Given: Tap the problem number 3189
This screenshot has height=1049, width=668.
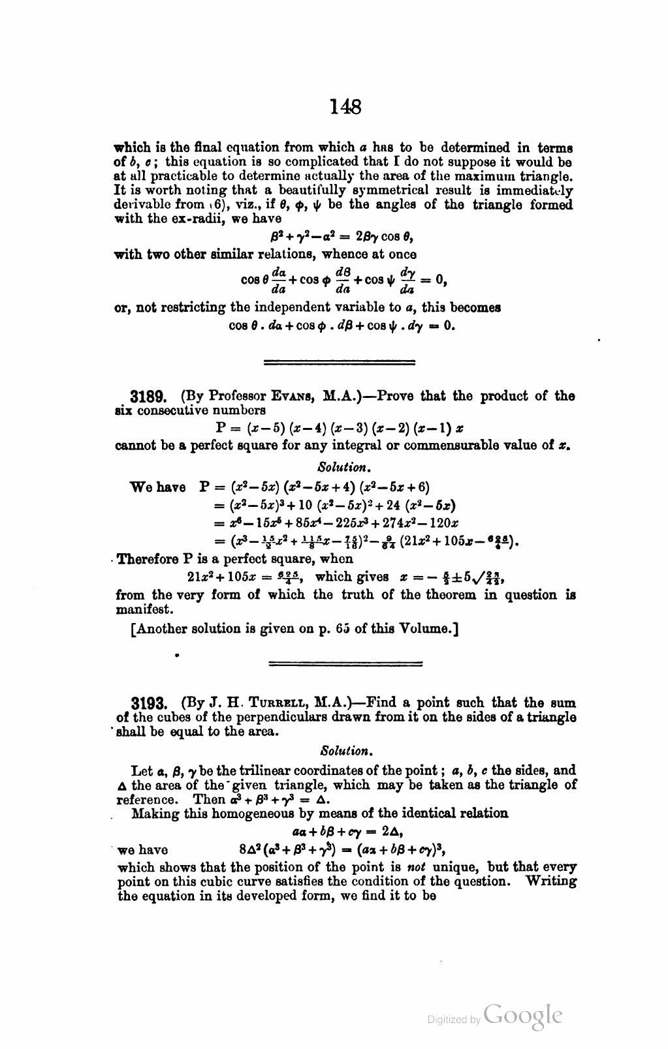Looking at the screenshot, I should (150, 397).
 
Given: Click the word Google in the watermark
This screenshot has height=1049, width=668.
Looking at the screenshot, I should (524, 1016).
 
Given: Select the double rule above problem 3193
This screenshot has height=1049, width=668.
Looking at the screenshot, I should (345, 664).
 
